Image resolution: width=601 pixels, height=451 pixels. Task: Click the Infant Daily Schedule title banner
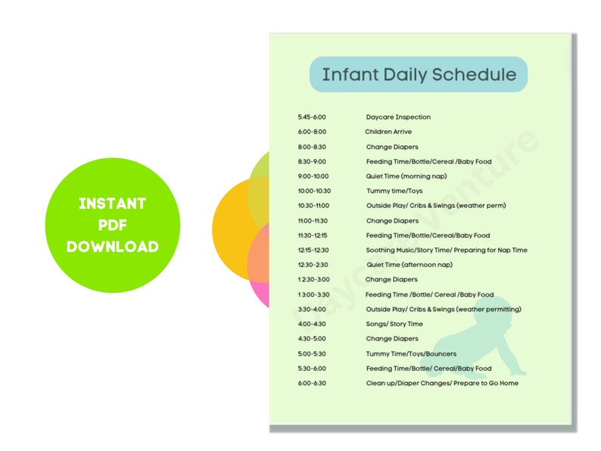tap(419, 74)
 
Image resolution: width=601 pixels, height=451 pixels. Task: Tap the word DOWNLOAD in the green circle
tap(113, 247)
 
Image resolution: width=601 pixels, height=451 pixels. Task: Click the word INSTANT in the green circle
tap(113, 204)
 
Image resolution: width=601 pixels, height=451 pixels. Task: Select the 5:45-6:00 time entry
tap(312, 117)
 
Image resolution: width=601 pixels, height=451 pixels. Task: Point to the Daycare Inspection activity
tap(398, 117)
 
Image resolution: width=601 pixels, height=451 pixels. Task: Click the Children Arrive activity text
tap(388, 132)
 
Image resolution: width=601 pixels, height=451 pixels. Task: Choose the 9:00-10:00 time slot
tap(313, 176)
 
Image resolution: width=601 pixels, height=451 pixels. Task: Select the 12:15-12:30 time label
tap(313, 250)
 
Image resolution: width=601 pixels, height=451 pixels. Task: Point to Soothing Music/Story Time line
tap(447, 250)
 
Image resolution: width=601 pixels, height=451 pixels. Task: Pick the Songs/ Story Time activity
tap(394, 324)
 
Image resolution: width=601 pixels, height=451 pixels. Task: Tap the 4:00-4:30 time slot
tap(312, 324)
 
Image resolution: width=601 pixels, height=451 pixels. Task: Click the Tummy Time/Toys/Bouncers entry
tap(406, 353)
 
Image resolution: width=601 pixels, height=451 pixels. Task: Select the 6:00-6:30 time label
tap(312, 383)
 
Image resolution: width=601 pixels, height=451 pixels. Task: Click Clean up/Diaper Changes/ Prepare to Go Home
tap(442, 383)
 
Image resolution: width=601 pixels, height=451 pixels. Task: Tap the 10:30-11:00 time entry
tap(313, 206)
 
